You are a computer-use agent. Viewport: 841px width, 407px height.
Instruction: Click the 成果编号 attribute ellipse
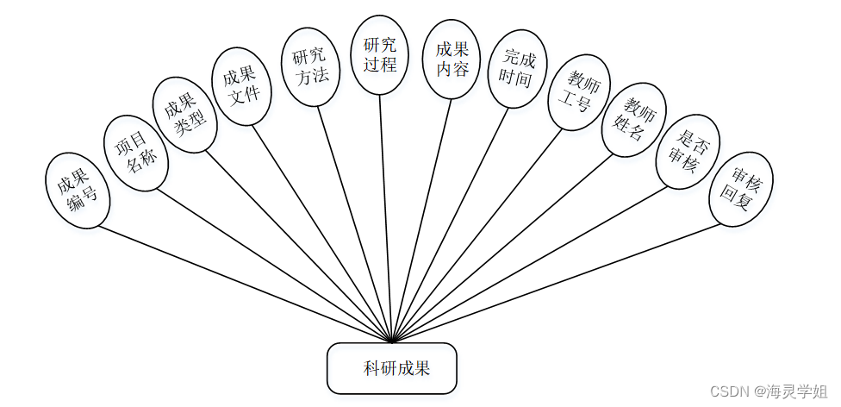(77, 191)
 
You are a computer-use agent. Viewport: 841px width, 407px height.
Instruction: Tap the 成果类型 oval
(184, 115)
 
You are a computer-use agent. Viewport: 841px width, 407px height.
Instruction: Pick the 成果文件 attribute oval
(242, 86)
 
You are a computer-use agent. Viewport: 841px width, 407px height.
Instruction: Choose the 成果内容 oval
(452, 60)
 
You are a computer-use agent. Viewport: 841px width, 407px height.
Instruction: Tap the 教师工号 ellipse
(578, 93)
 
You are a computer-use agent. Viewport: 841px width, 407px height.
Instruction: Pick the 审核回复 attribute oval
(740, 190)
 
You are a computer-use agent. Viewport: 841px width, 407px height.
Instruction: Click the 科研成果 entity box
(391, 369)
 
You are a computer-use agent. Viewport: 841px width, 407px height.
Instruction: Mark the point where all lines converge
(392, 341)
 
